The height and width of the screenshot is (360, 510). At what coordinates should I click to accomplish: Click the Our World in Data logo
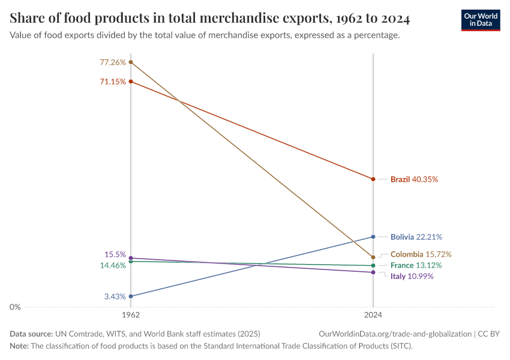[x=480, y=20]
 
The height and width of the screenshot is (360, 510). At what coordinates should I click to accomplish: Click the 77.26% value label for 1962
[x=113, y=62]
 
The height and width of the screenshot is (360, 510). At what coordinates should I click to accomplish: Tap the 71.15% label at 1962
[x=113, y=82]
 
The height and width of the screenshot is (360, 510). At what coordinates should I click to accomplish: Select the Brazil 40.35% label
[x=414, y=179]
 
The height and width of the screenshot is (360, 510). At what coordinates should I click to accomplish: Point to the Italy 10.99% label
[x=412, y=277]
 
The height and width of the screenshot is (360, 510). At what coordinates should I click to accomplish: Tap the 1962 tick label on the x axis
[x=131, y=314]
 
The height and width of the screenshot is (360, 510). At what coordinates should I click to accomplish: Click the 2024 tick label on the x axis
[x=373, y=314]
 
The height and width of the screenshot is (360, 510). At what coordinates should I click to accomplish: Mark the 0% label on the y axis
[x=15, y=307]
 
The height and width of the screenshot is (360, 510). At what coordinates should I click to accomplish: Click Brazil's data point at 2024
[x=373, y=179]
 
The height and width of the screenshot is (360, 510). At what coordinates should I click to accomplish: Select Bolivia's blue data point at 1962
[x=131, y=296]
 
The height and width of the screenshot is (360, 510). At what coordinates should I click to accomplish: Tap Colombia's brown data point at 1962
[x=131, y=62]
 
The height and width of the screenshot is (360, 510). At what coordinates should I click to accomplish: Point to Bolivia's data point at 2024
[x=373, y=237]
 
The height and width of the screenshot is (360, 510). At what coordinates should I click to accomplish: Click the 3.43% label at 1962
[x=115, y=296]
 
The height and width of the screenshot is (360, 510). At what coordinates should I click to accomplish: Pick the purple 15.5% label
[x=115, y=254]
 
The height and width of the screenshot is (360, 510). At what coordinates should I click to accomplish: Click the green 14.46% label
[x=113, y=265]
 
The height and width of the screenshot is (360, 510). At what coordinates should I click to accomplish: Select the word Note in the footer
[x=20, y=346]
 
